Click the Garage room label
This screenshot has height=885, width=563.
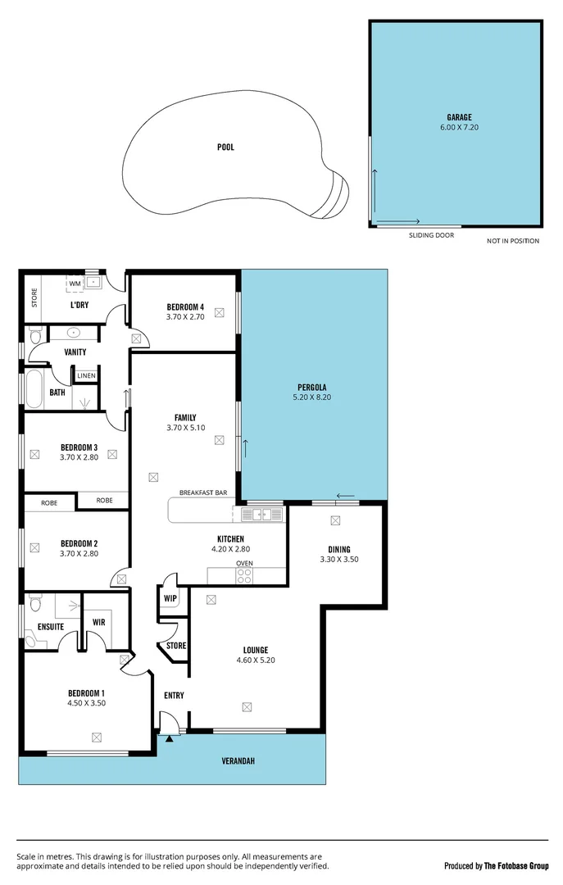tap(459, 117)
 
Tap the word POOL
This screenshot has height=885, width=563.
tap(225, 147)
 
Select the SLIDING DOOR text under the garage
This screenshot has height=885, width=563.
tap(431, 235)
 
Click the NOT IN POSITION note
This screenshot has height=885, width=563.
tap(513, 241)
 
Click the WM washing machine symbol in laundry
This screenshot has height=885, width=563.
tap(75, 284)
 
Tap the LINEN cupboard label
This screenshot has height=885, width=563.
tap(86, 376)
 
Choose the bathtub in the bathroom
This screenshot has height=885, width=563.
tap(34, 390)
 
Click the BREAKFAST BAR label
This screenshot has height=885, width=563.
tap(203, 493)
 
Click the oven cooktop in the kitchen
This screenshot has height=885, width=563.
tap(244, 576)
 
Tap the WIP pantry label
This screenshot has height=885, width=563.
tap(170, 598)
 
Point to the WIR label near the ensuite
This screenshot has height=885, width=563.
tap(99, 622)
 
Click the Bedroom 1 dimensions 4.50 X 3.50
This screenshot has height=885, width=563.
tap(86, 703)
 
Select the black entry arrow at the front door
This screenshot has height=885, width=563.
tap(170, 738)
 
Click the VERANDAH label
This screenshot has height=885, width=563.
tap(238, 761)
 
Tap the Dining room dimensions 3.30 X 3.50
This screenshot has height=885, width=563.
tap(339, 560)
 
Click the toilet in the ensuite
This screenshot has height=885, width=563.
tap(34, 605)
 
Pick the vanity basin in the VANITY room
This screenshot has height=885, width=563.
tap(73, 334)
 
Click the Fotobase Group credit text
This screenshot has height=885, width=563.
tap(496, 866)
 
